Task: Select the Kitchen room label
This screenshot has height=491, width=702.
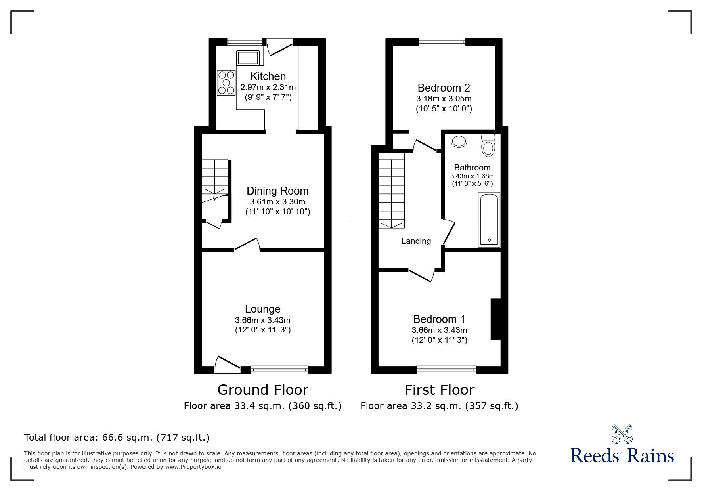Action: click(268, 76)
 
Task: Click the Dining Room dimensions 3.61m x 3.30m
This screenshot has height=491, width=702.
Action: click(277, 202)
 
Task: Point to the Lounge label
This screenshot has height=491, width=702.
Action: click(262, 309)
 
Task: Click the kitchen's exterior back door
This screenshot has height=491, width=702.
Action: click(280, 48)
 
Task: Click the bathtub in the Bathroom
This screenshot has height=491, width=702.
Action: click(489, 219)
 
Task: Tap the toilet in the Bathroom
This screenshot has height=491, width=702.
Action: click(488, 145)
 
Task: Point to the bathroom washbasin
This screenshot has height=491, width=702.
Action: click(459, 141)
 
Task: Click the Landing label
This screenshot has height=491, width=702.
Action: click(416, 241)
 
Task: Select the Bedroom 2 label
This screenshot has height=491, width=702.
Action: click(444, 88)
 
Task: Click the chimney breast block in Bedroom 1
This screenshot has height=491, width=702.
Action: click(495, 319)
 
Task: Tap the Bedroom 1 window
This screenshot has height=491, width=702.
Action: click(446, 370)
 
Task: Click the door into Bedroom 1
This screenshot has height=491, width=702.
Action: click(421, 275)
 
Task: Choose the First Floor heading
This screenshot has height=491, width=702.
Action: click(439, 390)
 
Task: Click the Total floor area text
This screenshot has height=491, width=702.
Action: click(117, 438)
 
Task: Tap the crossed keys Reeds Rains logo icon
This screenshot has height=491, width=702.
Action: click(622, 434)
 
